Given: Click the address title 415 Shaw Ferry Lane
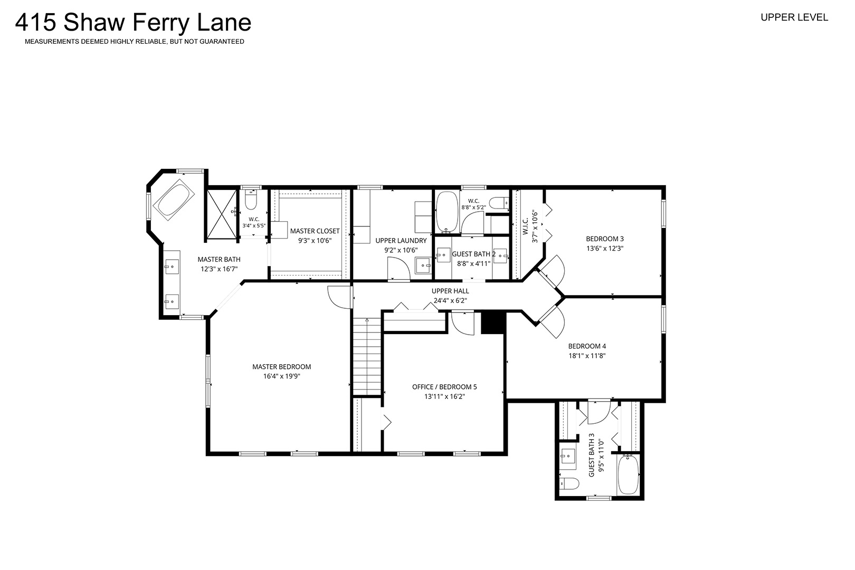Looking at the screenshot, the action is (x=133, y=23).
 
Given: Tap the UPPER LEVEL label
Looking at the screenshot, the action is (x=794, y=17).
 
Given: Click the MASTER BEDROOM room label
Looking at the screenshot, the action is (x=282, y=367).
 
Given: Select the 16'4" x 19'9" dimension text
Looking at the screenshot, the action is (x=282, y=376).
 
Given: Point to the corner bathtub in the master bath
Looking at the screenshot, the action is (x=174, y=199).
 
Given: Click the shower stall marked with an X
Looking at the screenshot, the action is (x=221, y=214).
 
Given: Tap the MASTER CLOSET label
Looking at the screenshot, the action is (x=315, y=231).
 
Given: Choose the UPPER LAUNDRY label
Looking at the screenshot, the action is (x=401, y=241).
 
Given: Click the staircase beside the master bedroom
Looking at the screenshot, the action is (x=367, y=357).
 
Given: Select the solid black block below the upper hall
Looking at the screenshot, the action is (x=493, y=323).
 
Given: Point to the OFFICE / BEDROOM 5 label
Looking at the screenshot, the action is (x=445, y=387).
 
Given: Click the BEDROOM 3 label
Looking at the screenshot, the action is (x=605, y=239).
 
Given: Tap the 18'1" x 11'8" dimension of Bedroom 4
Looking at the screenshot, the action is (x=587, y=356).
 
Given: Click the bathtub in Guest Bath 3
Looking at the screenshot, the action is (x=628, y=475).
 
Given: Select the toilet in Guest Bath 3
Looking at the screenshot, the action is (x=569, y=483).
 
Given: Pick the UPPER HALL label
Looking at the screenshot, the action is (x=450, y=291).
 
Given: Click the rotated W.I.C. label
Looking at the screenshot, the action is (x=526, y=226).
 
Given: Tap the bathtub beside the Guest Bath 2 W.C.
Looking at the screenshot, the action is (x=447, y=212).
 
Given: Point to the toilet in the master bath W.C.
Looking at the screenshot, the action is (x=251, y=199).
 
